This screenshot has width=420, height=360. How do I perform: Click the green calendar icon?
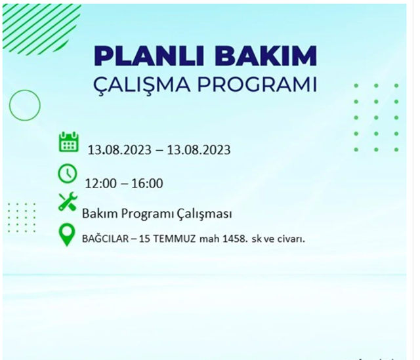[x=68, y=142]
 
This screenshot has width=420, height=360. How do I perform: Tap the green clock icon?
[x=68, y=173]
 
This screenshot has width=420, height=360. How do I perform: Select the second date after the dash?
[x=199, y=150]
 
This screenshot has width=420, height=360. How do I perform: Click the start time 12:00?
[x=100, y=183]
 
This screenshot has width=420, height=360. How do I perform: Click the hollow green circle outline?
[x=25, y=104]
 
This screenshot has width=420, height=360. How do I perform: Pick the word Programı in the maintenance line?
[x=146, y=214]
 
